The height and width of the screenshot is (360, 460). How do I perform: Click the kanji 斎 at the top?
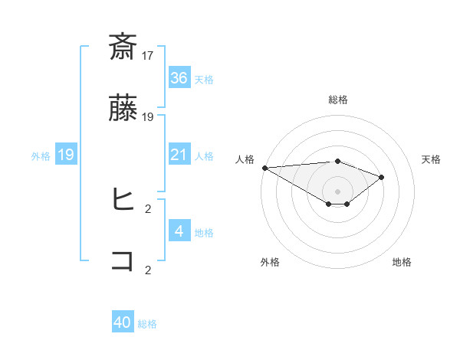tap(123, 47)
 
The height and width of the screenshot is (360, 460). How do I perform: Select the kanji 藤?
tap(123, 110)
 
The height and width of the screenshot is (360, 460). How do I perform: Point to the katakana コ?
tap(123, 261)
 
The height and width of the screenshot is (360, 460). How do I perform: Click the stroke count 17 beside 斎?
tap(148, 55)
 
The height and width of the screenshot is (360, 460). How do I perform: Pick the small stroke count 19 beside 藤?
tap(148, 117)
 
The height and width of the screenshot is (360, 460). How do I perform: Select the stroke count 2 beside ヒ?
tap(148, 207)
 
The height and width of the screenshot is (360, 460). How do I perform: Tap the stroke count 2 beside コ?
tap(148, 270)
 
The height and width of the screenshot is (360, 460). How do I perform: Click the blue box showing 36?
tap(179, 78)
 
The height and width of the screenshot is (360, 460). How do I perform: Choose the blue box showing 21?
tap(179, 155)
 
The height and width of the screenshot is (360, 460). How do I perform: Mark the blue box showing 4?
tap(179, 231)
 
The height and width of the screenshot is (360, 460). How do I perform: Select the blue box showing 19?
tap(66, 155)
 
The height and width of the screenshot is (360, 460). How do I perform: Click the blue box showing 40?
tap(123, 323)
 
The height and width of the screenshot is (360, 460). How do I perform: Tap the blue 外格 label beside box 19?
tap(41, 156)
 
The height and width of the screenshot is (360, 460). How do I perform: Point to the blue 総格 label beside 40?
tap(147, 324)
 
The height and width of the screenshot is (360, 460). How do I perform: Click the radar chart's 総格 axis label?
tap(337, 100)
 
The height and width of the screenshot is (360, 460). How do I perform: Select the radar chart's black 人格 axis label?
tap(245, 159)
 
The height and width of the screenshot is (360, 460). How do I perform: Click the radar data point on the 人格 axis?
tap(264, 168)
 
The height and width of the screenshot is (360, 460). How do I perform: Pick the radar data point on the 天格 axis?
tap(381, 177)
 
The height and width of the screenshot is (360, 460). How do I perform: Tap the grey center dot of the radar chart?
tap(337, 191)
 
